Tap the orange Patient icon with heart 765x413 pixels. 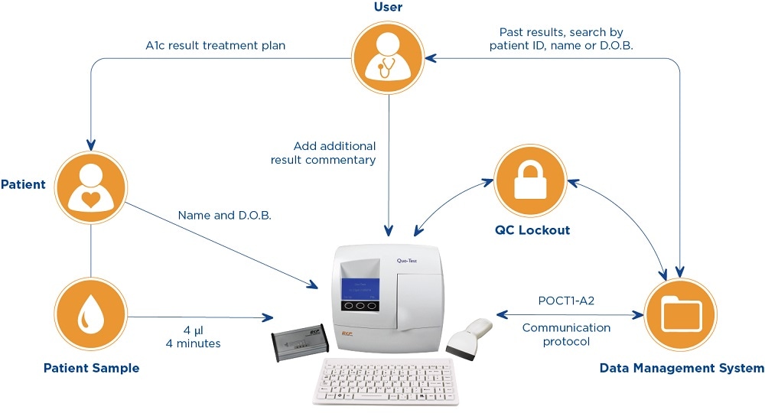[x=91, y=187]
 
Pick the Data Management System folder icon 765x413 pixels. [x=681, y=314]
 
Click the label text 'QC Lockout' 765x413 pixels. [x=532, y=230]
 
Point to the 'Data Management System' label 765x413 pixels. [x=681, y=369]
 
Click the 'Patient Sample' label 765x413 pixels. [x=92, y=369]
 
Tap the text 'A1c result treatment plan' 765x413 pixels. [x=215, y=45]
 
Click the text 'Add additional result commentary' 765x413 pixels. [x=323, y=153]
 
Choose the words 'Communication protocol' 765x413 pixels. [x=566, y=334]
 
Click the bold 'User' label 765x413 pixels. [x=389, y=8]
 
